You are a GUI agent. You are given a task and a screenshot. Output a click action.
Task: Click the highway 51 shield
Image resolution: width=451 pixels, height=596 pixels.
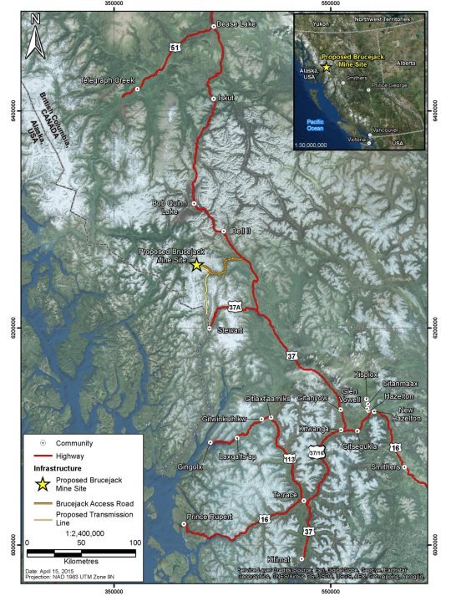tap(174, 49)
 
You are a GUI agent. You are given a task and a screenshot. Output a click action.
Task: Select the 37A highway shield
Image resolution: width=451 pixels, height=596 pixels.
tap(236, 308)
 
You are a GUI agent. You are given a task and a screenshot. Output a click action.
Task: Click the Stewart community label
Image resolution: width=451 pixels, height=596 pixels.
tap(229, 331)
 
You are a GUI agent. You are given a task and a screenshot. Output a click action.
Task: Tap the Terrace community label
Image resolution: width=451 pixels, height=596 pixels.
tap(285, 496)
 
